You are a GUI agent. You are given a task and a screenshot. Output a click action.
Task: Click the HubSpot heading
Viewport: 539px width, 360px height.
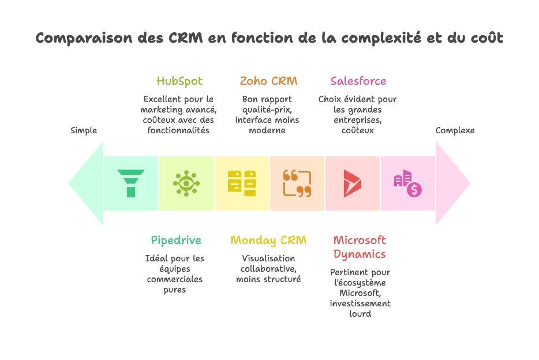179,81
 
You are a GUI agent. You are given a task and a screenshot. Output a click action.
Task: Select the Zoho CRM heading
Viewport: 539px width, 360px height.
269,81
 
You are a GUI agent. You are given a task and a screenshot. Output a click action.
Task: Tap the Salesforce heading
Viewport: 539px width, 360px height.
358,81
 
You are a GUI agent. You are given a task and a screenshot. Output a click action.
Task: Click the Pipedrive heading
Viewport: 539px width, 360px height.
177,240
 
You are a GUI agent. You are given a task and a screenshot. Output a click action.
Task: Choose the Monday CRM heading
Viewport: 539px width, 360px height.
268,240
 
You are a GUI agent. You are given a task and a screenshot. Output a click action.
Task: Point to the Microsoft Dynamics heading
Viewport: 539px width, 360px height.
360,247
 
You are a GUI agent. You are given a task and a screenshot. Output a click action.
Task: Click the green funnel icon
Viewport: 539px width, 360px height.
131,183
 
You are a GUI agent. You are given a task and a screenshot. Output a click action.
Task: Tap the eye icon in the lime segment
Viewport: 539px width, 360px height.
186,183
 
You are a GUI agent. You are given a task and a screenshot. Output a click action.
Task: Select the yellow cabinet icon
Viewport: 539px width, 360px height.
242,183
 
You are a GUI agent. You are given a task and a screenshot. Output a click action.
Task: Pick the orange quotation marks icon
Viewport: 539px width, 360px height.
297,183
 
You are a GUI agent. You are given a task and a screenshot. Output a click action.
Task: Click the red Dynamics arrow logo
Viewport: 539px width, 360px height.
352,183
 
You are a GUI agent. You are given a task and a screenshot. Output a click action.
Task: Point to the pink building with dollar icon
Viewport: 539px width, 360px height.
408,183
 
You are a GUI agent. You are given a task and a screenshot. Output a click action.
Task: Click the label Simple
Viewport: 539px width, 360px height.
84,130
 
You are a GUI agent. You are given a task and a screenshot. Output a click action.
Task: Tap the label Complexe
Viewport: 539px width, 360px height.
455,130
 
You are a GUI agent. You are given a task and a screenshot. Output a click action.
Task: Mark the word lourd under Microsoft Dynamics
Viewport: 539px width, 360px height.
360,314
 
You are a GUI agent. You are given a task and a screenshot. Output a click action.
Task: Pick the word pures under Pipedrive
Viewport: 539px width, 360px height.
175,290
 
